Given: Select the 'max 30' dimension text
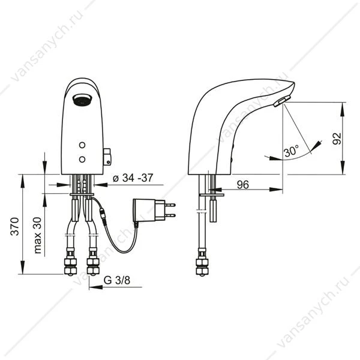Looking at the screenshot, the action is coord(38,235).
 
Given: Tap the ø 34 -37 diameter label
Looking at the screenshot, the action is coord(133,178).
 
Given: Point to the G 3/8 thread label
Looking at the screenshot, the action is coord(117,280).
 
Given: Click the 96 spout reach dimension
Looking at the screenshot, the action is coord(243,185).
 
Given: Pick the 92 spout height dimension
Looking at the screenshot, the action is coord(337,139).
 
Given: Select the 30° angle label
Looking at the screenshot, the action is coord(291,151).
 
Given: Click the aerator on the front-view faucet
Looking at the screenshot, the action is coord(82,100).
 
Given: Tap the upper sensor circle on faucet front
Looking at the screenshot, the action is coord(82,145).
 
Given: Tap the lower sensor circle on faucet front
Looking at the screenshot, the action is coord(82,159).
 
